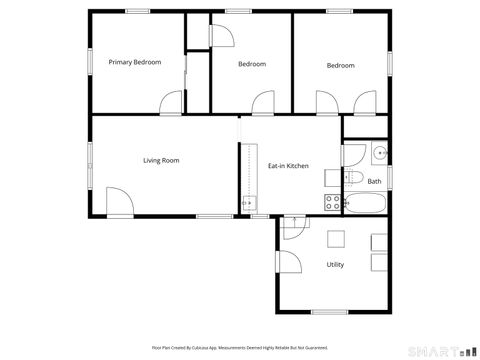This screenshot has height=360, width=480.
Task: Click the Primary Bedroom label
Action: point(134,62)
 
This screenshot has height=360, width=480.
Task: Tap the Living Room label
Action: point(161,160)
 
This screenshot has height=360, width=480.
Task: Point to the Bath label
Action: point(374,181)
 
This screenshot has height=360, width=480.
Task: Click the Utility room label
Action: point(335,264)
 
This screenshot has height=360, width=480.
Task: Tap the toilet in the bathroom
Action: point(354,178)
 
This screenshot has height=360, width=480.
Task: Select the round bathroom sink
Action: point(379,153)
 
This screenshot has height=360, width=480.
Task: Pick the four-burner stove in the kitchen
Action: point(331,203)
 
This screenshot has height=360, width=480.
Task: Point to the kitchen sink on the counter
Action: point(247,204)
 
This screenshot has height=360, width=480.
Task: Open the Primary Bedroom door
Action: point(172,102)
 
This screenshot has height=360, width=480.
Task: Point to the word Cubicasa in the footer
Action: point(212,347)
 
